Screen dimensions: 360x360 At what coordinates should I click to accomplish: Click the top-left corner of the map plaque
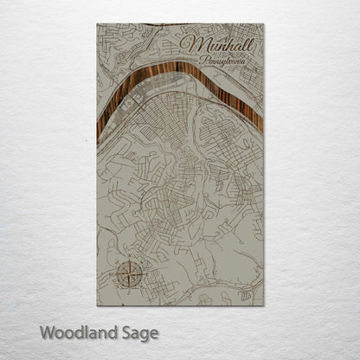pyautogui.click(x=98, y=24)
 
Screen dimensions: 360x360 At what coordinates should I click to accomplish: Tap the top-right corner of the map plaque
pyautogui.click(x=264, y=24)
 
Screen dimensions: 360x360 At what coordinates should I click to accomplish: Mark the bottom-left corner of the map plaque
pyautogui.click(x=98, y=305)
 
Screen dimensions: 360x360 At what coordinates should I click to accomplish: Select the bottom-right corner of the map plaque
pyautogui.click(x=264, y=305)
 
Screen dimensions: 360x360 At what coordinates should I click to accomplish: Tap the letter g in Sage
pyautogui.click(x=148, y=334)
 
